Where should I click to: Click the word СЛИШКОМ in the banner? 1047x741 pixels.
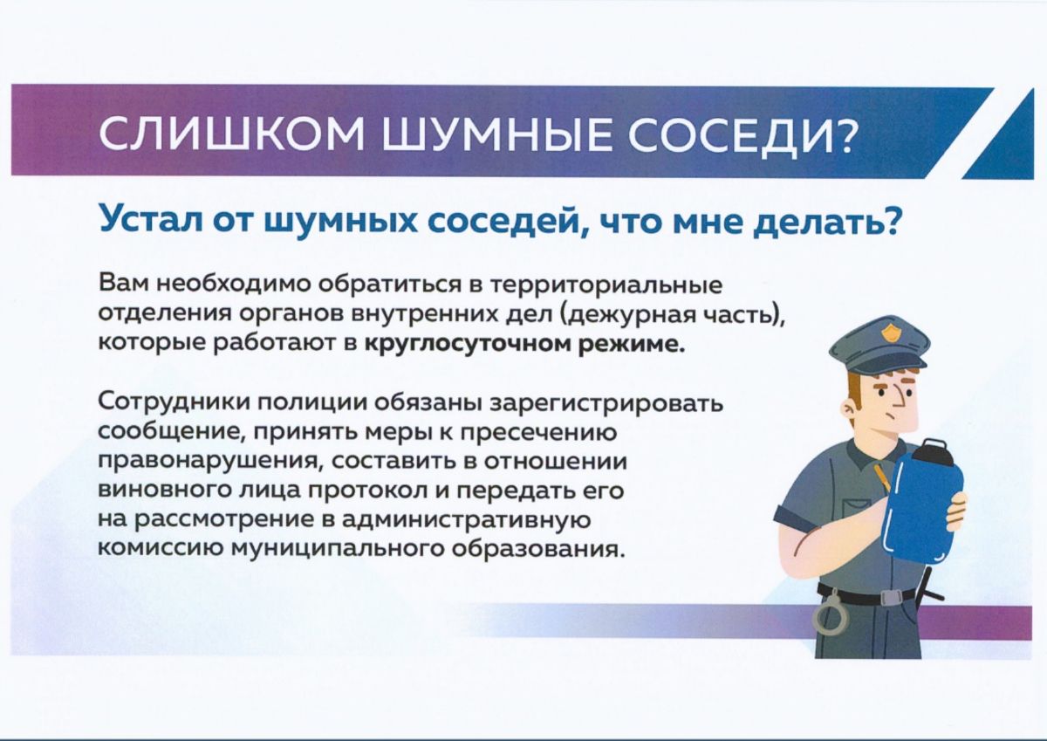coord(231,134)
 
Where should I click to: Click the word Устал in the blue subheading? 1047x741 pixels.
coord(155,223)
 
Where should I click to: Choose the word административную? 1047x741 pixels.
coord(469,521)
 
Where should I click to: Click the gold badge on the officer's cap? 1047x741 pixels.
coord(887,333)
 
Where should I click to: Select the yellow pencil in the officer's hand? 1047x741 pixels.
coord(883,481)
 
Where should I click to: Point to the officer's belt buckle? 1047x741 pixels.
coord(891,597)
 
